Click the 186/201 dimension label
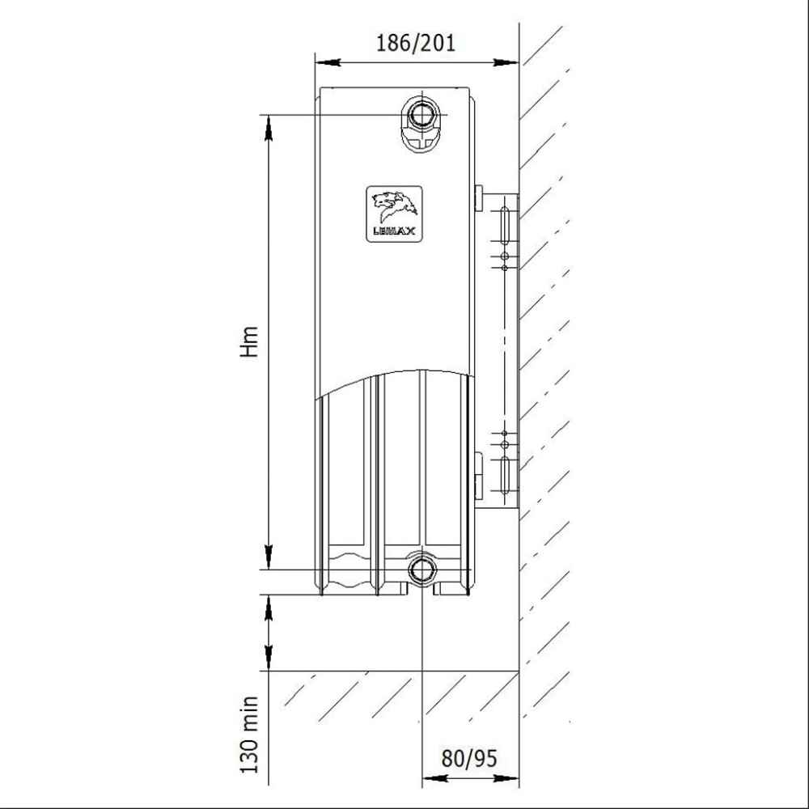click(x=416, y=42)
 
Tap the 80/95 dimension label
click(x=469, y=758)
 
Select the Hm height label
click(x=249, y=341)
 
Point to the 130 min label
click(x=249, y=735)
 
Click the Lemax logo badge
click(x=394, y=214)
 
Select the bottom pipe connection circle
click(x=422, y=569)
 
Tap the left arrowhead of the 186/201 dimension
click(x=328, y=62)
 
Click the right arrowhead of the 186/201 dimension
click(x=506, y=62)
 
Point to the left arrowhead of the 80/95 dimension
click(x=434, y=777)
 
